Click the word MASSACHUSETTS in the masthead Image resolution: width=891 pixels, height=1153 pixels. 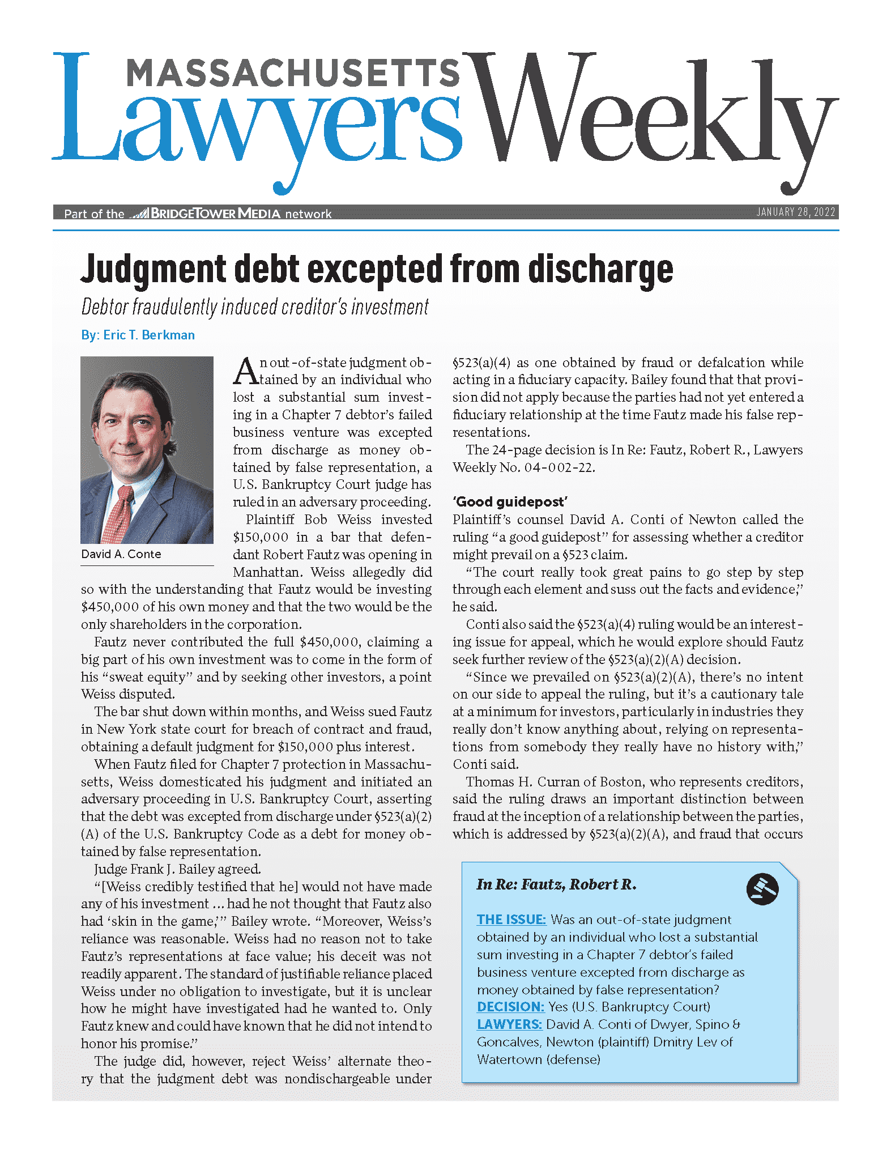(x=292, y=74)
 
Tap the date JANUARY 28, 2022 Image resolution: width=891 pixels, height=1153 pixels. (x=796, y=212)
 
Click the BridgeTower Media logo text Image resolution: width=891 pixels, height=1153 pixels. (x=215, y=214)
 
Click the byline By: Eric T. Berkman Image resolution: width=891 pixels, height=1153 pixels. (x=138, y=335)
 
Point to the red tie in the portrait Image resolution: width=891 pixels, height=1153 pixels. (x=120, y=513)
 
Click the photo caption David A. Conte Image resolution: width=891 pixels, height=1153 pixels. (x=121, y=554)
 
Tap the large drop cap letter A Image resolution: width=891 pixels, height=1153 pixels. (x=246, y=371)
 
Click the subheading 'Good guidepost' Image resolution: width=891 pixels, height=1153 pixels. (x=510, y=501)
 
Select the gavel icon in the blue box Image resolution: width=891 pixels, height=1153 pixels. (x=762, y=888)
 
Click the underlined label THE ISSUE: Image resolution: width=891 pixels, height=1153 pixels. (x=511, y=920)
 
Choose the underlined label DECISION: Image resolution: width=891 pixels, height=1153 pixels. (x=510, y=1007)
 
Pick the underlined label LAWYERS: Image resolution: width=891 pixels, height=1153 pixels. (x=509, y=1024)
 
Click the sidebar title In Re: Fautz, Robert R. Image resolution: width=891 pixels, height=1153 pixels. (x=556, y=884)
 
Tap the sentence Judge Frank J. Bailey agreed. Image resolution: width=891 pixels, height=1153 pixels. (x=177, y=869)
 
